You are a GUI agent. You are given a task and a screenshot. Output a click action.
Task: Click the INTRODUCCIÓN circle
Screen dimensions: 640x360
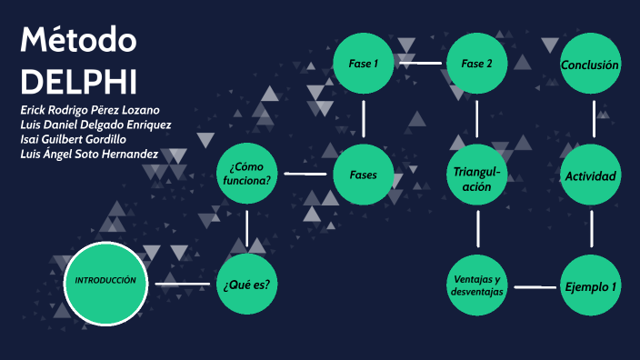pos(105,283)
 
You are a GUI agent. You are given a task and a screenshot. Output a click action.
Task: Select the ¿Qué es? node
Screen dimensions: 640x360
pos(246,285)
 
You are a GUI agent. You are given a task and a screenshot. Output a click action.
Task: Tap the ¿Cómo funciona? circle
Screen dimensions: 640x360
pos(246,173)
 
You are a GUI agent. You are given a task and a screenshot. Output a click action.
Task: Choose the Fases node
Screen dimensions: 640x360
pos(363,174)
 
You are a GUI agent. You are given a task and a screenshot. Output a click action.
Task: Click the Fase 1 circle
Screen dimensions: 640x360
pos(363,64)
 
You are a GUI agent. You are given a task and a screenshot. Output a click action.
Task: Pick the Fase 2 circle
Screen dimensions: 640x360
pos(476,64)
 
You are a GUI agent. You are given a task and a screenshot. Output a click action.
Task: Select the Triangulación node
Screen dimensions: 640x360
pos(476,174)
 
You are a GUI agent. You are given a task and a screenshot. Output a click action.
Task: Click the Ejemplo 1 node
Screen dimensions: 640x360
pos(590,285)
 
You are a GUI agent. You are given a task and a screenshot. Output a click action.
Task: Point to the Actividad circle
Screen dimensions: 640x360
pos(590,175)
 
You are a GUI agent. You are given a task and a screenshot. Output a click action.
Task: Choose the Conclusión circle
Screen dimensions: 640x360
pos(590,65)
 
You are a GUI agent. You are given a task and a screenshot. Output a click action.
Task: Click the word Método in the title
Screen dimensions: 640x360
pos(78,42)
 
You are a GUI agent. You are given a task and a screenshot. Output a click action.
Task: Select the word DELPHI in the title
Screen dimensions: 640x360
pos(78,81)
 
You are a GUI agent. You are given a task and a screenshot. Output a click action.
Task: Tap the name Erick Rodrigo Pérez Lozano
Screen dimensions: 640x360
pos(90,110)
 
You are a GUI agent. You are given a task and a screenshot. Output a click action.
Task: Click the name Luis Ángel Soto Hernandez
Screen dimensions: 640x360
pos(89,154)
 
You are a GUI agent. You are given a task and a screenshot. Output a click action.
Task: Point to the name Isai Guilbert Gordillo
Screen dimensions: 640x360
pos(73,139)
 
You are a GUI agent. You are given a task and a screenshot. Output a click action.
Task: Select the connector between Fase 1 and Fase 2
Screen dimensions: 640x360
pos(419,64)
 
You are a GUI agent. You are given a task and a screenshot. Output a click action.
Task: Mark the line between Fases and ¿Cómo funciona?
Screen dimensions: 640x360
pos(305,174)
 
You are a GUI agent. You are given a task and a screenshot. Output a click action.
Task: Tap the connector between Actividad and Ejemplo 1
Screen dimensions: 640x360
pos(591,229)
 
